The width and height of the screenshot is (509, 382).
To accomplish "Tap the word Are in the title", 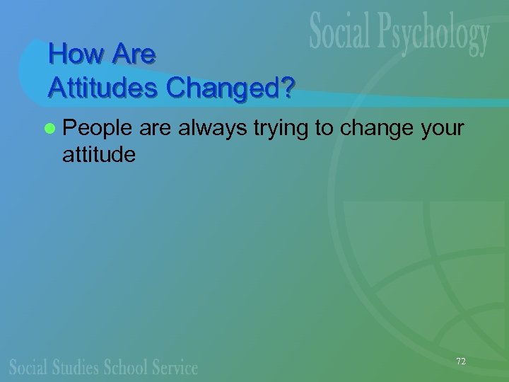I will tap(133, 53).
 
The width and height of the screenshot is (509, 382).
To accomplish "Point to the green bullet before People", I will tap(49, 128).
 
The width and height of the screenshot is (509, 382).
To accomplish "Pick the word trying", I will tap(281, 129).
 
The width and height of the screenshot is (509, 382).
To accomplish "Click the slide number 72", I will tap(461, 361).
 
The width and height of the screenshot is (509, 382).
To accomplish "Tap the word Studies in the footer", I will tap(76, 367).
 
